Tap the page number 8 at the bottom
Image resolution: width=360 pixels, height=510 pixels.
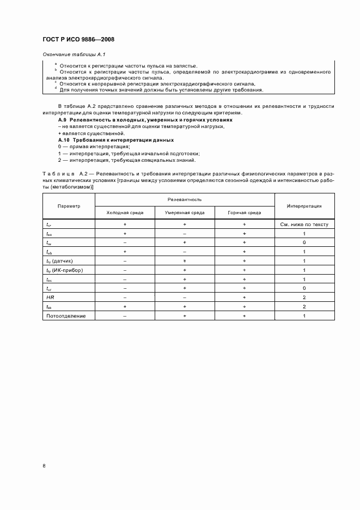[x=44, y=465]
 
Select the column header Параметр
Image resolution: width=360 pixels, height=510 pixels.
[x=69, y=206]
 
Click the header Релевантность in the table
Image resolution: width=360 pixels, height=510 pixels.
[x=185, y=200]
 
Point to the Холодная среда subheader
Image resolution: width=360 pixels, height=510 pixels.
[x=125, y=212]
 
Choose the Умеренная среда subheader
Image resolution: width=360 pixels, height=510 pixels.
[x=185, y=212]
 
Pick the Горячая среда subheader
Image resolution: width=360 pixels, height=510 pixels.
[x=245, y=212]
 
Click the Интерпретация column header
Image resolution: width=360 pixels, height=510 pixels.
[x=304, y=206]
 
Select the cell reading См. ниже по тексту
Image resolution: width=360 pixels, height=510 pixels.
[x=304, y=224]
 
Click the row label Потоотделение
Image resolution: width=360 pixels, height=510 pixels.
[x=62, y=316]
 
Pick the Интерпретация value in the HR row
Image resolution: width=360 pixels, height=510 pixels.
[x=304, y=297]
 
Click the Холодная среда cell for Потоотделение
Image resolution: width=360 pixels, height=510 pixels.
[x=125, y=316]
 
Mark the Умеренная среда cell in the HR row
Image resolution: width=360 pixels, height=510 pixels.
[x=185, y=297]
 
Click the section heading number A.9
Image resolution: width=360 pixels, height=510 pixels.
[x=63, y=119]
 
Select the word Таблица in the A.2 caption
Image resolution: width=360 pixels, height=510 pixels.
[x=58, y=173]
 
